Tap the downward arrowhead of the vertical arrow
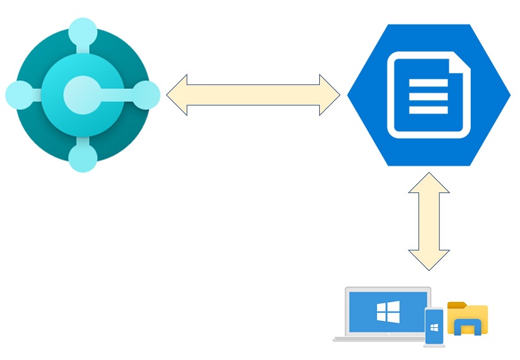(x=429, y=260)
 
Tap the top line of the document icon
(x=428, y=83)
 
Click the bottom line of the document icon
(x=428, y=110)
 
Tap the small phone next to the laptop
(x=434, y=327)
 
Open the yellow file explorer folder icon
(x=467, y=318)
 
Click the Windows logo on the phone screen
(x=434, y=327)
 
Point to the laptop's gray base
(x=379, y=339)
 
